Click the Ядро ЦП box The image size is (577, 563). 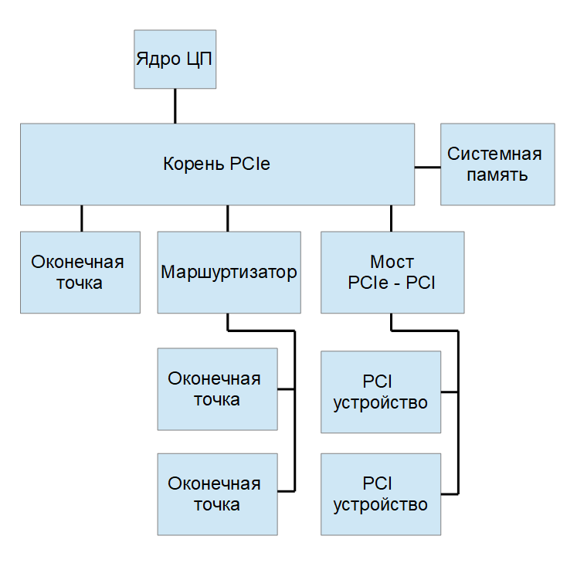pyautogui.click(x=175, y=59)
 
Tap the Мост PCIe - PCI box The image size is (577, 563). pyautogui.click(x=392, y=272)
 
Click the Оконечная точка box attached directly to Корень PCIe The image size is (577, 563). pyautogui.click(x=80, y=272)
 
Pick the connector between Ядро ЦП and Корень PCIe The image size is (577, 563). pyautogui.click(x=175, y=106)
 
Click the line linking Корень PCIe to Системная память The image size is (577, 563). pyautogui.click(x=427, y=165)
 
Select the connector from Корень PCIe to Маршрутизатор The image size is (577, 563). pyautogui.click(x=227, y=218)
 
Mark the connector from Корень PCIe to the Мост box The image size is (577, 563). pyautogui.click(x=392, y=218)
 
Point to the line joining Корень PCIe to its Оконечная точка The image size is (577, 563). pyautogui.click(x=81, y=218)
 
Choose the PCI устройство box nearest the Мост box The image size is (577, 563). pyautogui.click(x=381, y=392)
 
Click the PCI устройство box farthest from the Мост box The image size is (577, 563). pyautogui.click(x=381, y=494)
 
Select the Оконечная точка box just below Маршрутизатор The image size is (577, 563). pyautogui.click(x=217, y=388)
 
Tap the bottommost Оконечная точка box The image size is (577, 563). pyautogui.click(x=217, y=494)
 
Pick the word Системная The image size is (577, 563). pyautogui.click(x=495, y=154)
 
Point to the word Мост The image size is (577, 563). pyautogui.click(x=392, y=261)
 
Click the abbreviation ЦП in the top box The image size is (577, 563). pyautogui.click(x=199, y=59)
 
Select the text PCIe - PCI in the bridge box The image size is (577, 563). pyautogui.click(x=392, y=282)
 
